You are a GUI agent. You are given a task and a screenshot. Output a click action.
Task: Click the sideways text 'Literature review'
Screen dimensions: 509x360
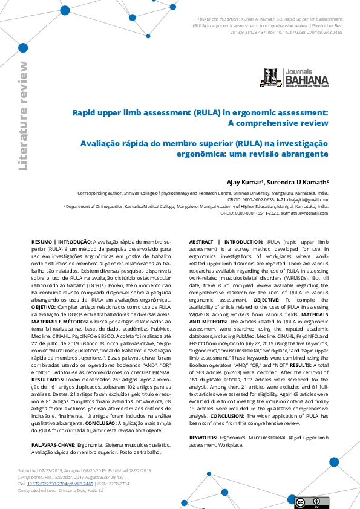coord(23,115)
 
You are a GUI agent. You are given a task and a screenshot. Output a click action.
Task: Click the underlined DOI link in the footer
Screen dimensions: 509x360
coord(64,484)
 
